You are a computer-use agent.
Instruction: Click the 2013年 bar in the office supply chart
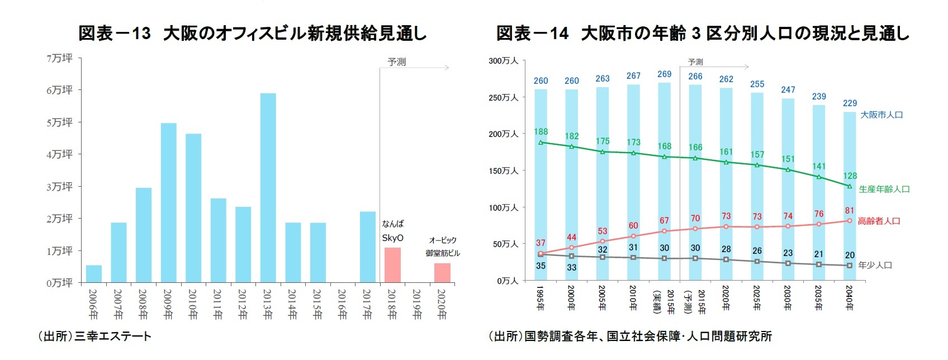pos(268,187)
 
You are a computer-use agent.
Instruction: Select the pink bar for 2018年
pos(392,265)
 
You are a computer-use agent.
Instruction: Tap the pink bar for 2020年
pos(442,273)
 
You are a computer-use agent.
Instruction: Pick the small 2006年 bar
pos(94,274)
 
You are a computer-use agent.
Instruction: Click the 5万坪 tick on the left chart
pos(60,122)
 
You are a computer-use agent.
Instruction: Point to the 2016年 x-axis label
pos(342,305)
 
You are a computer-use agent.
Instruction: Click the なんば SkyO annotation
pos(392,231)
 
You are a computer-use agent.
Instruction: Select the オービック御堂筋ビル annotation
pos(442,247)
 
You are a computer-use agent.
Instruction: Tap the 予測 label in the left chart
pos(396,62)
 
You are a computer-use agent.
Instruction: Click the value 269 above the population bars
pos(664,74)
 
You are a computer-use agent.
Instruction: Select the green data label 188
pos(541,132)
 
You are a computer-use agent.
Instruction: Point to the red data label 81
pos(850,211)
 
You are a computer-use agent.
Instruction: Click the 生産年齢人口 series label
pos(884,190)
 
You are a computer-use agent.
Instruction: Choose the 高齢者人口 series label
pos(879,221)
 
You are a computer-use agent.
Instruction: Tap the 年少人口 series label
pos(875,266)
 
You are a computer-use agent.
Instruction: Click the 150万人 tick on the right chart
pos(504,171)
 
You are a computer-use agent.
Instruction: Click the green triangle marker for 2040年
pos(850,186)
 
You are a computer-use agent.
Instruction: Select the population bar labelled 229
pos(850,196)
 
